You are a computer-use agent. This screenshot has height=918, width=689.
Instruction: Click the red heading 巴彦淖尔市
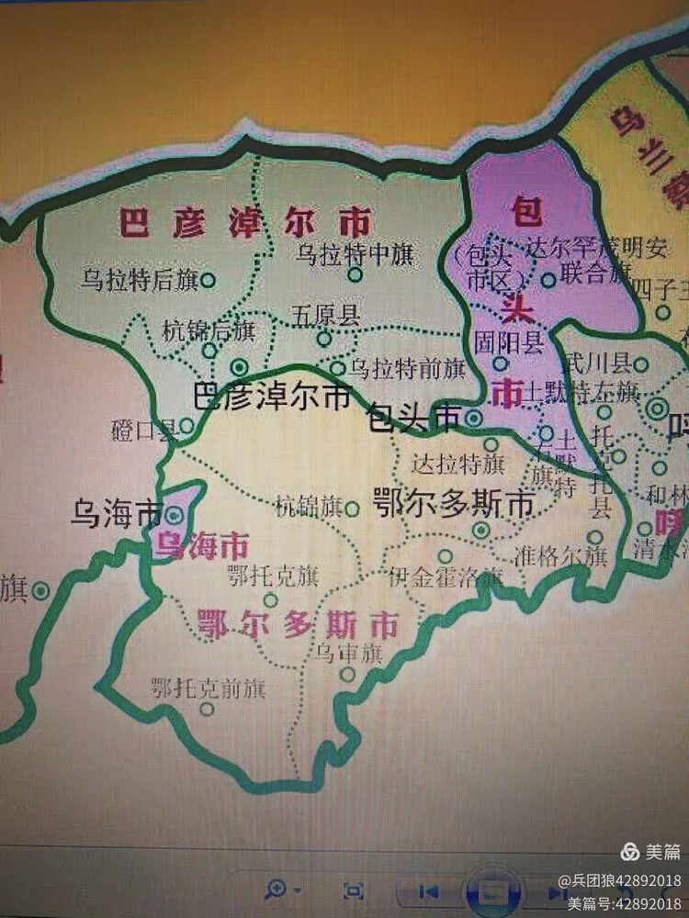245,223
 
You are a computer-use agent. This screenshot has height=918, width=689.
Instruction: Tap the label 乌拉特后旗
138,280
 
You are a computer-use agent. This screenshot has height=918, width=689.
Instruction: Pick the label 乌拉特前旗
408,369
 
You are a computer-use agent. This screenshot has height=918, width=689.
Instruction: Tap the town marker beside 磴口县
186,425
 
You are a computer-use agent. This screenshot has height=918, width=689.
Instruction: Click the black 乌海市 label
116,515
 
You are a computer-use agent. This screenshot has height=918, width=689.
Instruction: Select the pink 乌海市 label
201,547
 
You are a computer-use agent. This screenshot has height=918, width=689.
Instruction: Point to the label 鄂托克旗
271,577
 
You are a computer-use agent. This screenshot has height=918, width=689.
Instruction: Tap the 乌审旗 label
348,654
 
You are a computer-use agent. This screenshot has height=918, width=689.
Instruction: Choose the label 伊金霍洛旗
446,577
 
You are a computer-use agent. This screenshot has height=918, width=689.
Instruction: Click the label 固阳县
508,342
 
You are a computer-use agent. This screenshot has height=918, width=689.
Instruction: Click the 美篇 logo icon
628,851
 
